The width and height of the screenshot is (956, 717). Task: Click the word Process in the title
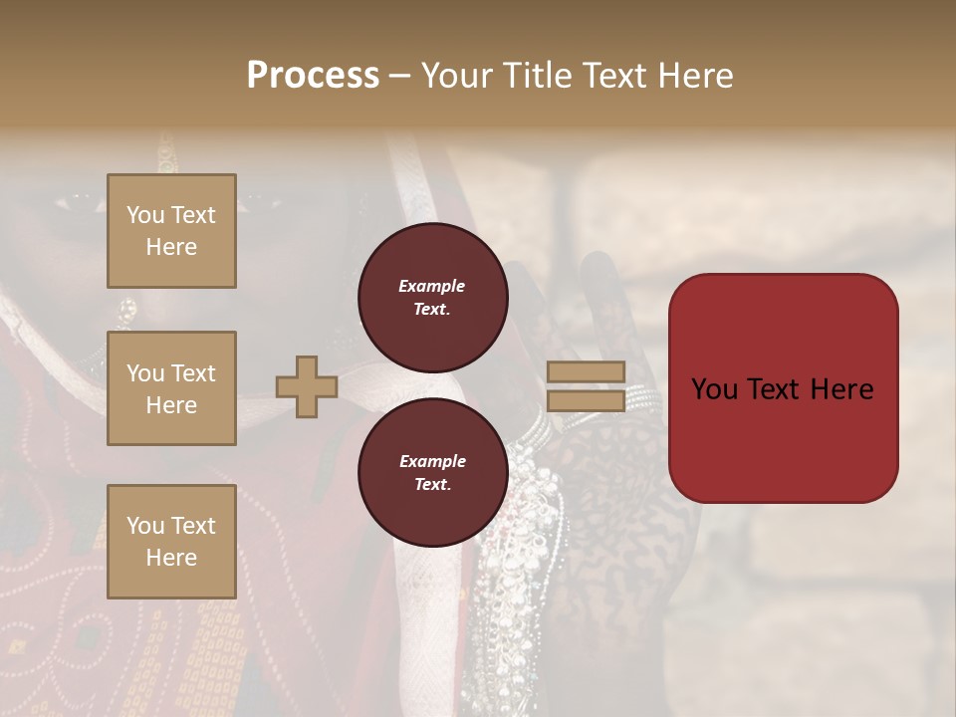pos(313,76)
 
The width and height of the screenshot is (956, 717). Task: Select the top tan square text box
pos(171,231)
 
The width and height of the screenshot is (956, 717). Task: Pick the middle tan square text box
pos(171,388)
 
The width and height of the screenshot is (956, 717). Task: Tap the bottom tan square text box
pos(171,542)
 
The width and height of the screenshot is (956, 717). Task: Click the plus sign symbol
pos(307,387)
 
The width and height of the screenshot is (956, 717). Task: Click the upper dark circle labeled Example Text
pos(432,298)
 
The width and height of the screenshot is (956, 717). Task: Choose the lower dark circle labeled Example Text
pos(432,473)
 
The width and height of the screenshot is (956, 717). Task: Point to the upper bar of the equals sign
pos(586,371)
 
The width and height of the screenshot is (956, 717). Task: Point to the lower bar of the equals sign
pos(586,400)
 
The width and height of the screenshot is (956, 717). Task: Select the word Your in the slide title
pos(457,76)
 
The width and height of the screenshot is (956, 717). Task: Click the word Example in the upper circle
pos(432,286)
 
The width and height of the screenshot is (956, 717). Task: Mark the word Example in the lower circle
pos(432,461)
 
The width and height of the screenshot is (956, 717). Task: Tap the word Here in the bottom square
pos(171,558)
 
